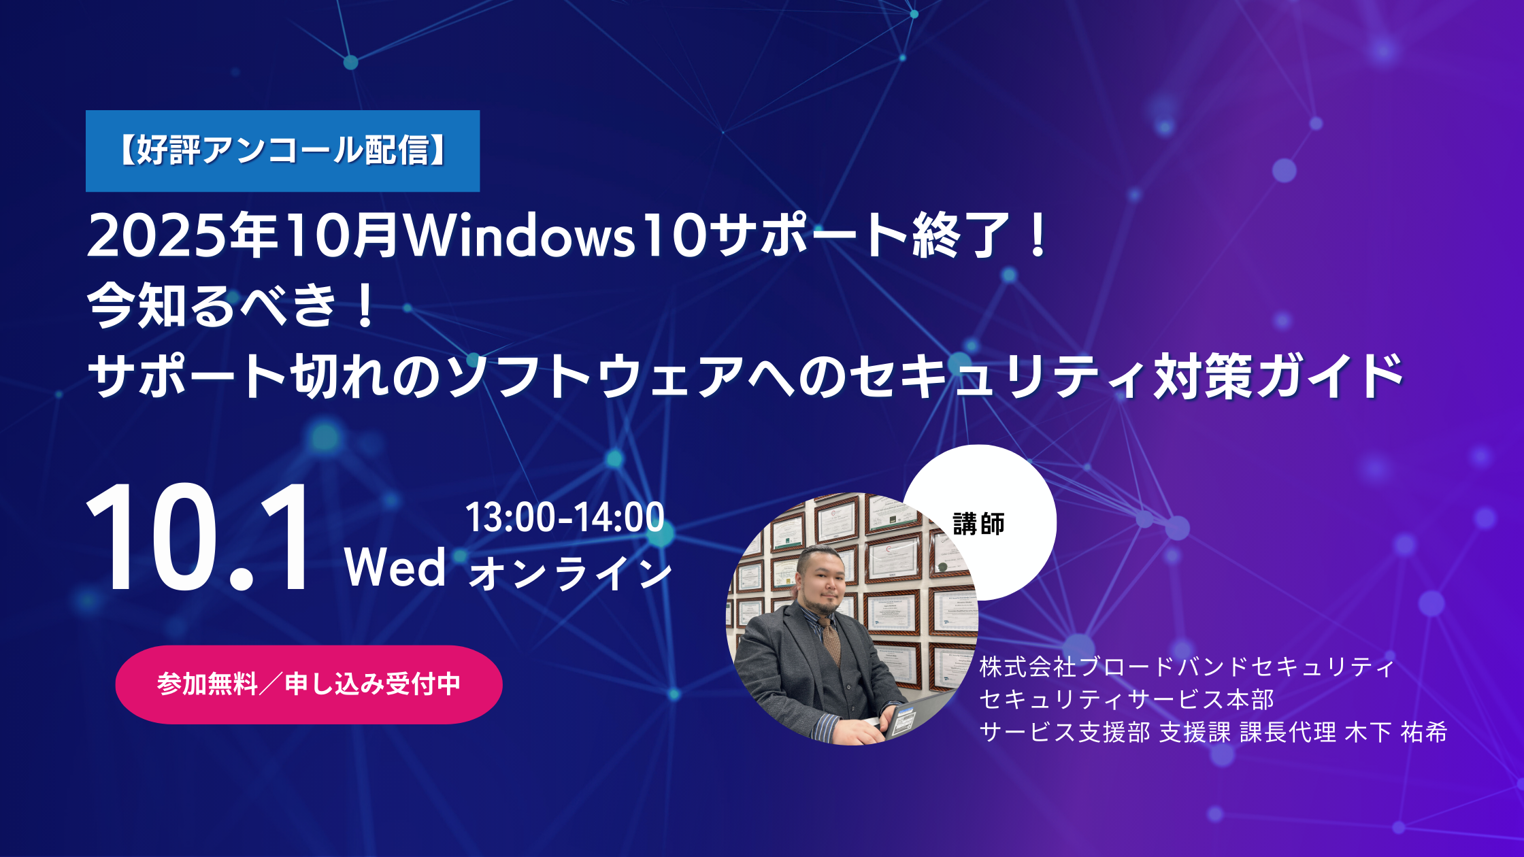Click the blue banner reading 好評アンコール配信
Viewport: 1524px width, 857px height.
[282, 151]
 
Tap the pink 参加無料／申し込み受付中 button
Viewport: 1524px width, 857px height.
[309, 684]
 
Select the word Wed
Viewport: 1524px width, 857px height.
[395, 567]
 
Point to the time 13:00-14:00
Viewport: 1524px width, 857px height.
[565, 518]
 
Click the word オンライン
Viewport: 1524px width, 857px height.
[570, 572]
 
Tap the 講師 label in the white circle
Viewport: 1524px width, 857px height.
[979, 524]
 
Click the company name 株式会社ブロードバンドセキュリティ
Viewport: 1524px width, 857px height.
[1187, 667]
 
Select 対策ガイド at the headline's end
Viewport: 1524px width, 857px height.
[1278, 375]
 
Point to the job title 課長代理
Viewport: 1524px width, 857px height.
[1288, 732]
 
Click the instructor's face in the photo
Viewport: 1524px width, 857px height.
[826, 582]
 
